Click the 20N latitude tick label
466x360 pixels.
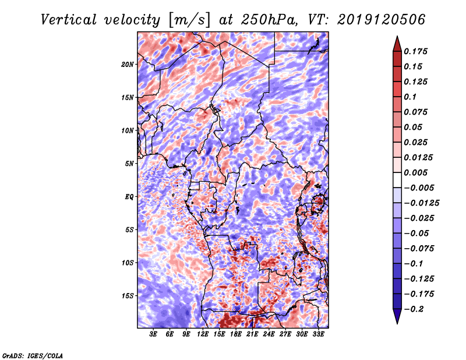(128, 64)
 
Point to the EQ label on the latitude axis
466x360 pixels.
(129, 197)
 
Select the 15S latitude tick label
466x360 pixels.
(128, 296)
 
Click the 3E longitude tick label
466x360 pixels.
(154, 334)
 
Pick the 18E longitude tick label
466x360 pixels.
(236, 334)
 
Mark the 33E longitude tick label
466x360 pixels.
(319, 334)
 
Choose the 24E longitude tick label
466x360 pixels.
(269, 334)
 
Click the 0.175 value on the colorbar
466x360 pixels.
(417, 51)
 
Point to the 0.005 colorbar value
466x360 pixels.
(417, 173)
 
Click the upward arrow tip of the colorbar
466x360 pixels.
(397, 38)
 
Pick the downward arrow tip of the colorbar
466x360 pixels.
(397, 322)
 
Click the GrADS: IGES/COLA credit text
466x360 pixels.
(33, 355)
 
